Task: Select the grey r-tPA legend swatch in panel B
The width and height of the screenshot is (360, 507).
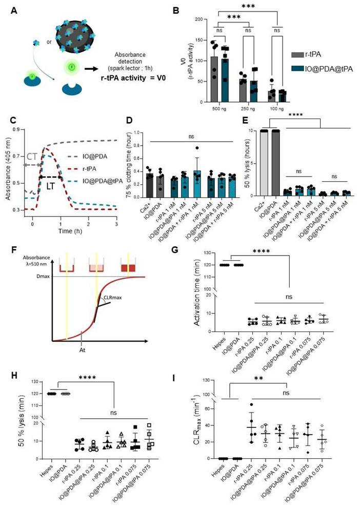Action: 297,53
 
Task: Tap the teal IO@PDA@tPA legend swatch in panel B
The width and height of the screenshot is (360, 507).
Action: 297,66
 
